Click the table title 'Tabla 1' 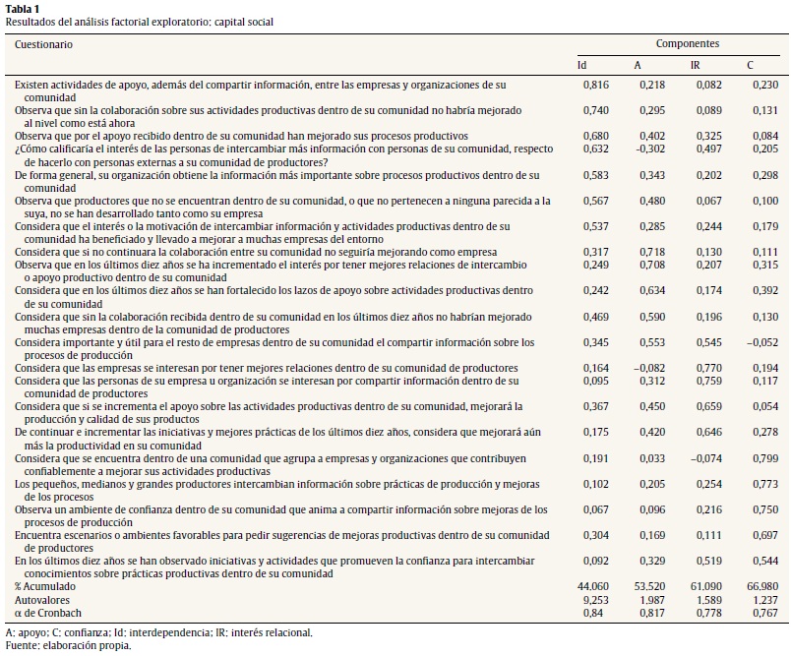24,9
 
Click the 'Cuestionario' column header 44,44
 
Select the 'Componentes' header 688,44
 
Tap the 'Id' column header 581,66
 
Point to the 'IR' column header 696,66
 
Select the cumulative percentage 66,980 761,586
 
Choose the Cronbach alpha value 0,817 647,612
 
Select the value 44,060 593,586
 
